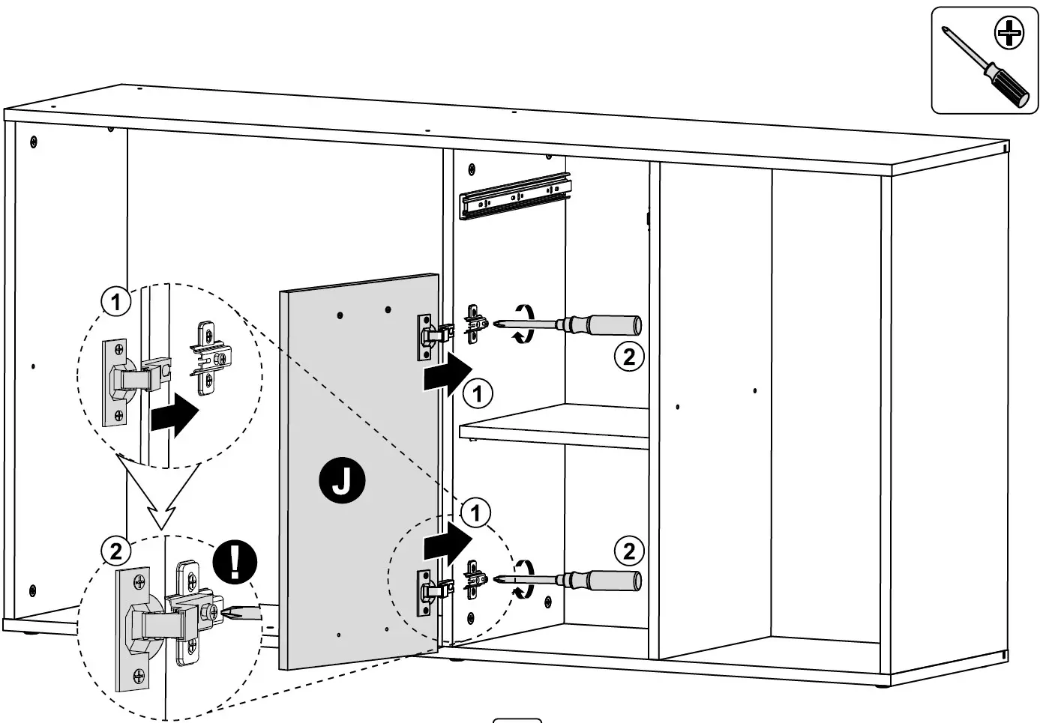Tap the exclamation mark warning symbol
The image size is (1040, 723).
click(x=235, y=561)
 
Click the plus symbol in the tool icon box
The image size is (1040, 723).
click(x=1009, y=32)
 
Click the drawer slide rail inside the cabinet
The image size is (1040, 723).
click(x=516, y=196)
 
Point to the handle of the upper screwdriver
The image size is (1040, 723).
click(x=612, y=324)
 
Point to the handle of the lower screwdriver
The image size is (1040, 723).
click(x=612, y=580)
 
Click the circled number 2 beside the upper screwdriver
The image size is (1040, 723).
click(x=628, y=357)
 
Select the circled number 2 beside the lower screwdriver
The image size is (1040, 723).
click(x=628, y=551)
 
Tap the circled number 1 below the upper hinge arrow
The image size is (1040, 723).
click(x=478, y=393)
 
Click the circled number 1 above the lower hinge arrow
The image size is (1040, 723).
click(x=475, y=513)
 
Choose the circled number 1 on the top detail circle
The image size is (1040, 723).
click(x=115, y=303)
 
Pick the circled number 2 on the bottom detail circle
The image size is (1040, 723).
click(x=115, y=552)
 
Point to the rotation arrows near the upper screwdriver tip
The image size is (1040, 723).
click(x=522, y=324)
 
